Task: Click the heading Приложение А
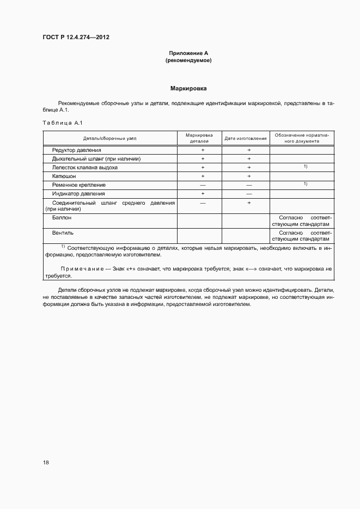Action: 188,53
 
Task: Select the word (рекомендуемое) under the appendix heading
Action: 188,60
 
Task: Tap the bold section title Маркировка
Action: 188,88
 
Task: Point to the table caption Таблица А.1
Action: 62,122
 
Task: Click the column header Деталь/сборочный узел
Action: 110,138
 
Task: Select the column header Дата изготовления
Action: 246,138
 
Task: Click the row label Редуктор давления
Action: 77,150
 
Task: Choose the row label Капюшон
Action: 64,176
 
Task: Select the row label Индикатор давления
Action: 78,194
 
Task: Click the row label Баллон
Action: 62,217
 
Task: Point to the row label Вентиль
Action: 63,232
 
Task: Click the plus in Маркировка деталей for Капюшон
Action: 203,176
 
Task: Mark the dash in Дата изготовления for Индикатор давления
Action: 249,194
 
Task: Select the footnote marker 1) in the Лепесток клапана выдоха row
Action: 306,166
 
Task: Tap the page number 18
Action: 46,462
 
